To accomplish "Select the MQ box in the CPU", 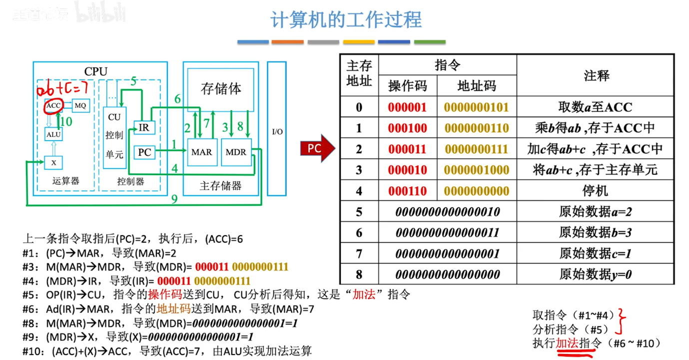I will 80,105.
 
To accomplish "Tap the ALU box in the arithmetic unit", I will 53,134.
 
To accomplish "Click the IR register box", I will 144,127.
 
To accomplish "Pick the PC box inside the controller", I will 144,152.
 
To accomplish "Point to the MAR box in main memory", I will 202,152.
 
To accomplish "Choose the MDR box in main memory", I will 236,152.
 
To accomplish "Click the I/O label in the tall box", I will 277,132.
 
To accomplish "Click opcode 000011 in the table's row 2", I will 407,149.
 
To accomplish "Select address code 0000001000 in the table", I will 476,170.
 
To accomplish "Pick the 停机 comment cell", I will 595,191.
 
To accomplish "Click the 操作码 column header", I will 408,86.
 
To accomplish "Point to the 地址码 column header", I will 476,86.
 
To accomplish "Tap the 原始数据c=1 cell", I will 595,254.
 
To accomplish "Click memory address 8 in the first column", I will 359,275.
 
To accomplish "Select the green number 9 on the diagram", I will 174,199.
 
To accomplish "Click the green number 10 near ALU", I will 65,121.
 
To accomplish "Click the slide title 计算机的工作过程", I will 346,20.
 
